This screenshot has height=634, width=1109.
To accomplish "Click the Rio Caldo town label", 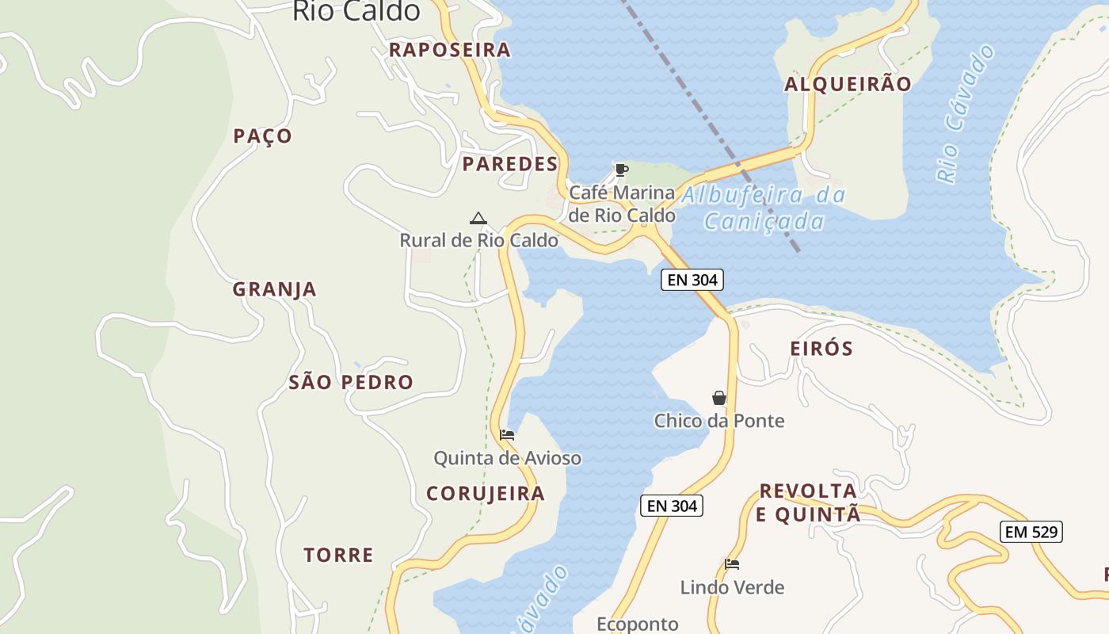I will click(356, 11).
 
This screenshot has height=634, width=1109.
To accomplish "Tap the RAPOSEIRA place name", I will click(449, 50).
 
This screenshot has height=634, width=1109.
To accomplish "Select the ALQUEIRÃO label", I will click(848, 84).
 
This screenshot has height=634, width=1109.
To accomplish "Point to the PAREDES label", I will click(510, 164).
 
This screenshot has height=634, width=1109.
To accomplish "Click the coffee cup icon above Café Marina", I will click(622, 170).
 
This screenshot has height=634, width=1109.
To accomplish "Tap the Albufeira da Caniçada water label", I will click(764, 208).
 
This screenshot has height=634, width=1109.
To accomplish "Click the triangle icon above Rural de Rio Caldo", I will click(478, 219).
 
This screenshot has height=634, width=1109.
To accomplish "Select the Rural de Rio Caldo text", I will click(478, 240).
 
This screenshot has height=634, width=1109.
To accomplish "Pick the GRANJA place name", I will click(274, 289).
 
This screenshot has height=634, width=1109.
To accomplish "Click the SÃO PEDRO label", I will click(351, 382).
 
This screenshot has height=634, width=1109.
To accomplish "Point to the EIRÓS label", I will click(821, 348).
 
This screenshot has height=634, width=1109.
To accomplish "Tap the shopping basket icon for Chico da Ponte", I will click(719, 398).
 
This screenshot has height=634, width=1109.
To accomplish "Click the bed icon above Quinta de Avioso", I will click(507, 435).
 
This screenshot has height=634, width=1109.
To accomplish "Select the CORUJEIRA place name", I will click(486, 494).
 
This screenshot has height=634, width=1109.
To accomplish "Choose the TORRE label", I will click(338, 555).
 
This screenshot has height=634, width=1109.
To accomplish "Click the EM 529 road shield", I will click(1031, 532).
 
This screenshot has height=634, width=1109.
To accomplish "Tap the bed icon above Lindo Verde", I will click(732, 564).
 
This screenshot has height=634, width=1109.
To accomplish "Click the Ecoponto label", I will click(637, 624).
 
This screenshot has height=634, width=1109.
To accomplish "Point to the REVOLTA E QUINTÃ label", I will click(808, 502).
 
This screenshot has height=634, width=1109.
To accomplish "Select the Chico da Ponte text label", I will click(719, 421).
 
